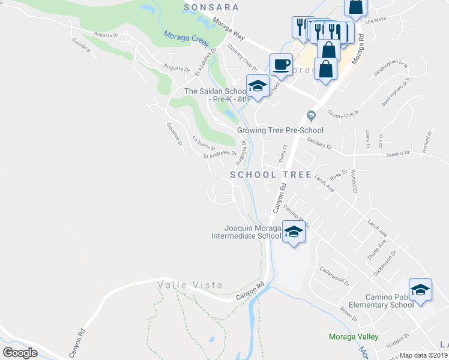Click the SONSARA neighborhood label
tap(211, 7)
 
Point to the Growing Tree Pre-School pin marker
tap(310, 116)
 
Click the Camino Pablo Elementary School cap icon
tap(420, 289)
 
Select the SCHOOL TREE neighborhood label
tap(271, 175)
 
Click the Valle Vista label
tap(190, 285)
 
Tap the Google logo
tap(20, 352)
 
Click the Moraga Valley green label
tap(354, 337)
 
